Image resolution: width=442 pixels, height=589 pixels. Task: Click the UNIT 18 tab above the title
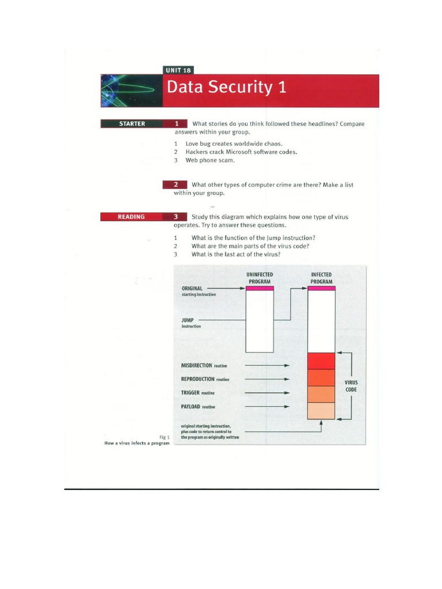(178, 70)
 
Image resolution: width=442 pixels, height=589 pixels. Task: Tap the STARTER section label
(132, 124)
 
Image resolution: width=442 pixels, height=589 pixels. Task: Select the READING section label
(131, 217)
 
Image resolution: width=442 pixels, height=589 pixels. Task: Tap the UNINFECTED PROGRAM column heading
(260, 278)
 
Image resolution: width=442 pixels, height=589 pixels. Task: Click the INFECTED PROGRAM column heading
(322, 278)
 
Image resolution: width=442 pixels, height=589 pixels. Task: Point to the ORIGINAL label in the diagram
(192, 288)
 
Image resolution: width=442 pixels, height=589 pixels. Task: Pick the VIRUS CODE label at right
(351, 385)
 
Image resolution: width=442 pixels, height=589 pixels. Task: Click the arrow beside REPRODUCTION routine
(267, 380)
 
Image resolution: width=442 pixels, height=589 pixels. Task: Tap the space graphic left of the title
(131, 90)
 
